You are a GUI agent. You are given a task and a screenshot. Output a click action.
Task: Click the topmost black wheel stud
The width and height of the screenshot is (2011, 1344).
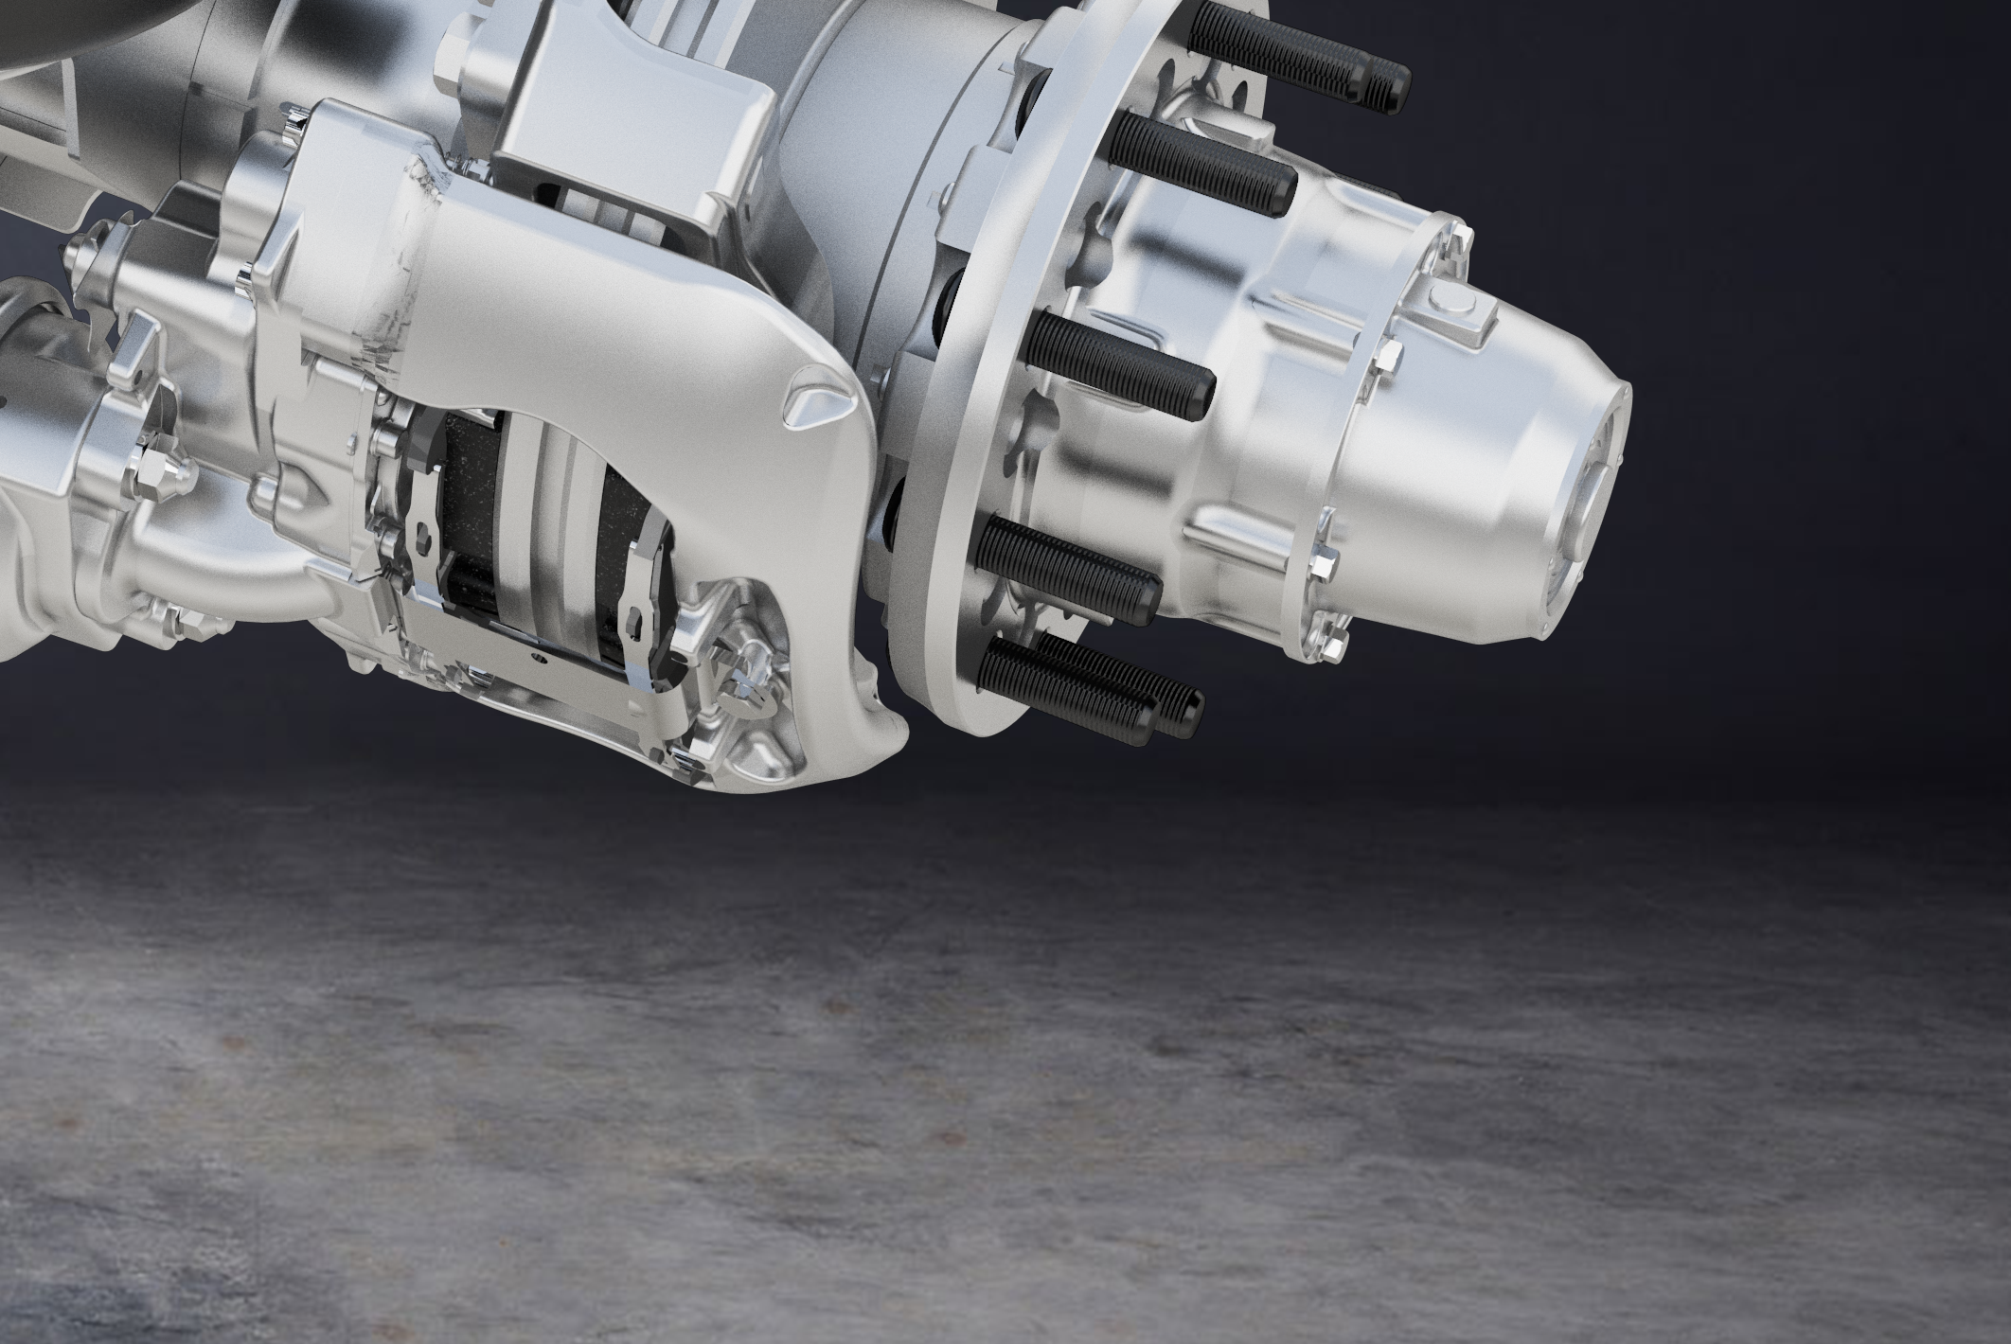click(1297, 58)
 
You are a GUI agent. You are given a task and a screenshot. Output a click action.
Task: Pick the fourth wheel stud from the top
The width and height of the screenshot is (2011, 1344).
click(1070, 568)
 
